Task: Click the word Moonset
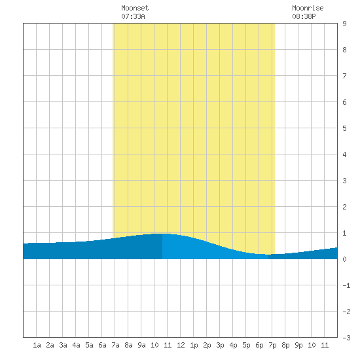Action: pyautogui.click(x=135, y=8)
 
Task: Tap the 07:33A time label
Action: pyautogui.click(x=133, y=16)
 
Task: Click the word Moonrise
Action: pyautogui.click(x=308, y=8)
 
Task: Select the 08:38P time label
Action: pyautogui.click(x=304, y=16)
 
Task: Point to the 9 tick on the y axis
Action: pyautogui.click(x=344, y=24)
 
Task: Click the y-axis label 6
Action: pyautogui.click(x=344, y=102)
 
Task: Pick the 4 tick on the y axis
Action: pyautogui.click(x=344, y=154)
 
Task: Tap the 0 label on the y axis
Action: pyautogui.click(x=344, y=259)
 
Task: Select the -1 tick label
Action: pyautogui.click(x=346, y=285)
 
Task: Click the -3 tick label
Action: pyautogui.click(x=346, y=338)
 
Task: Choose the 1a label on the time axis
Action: pyautogui.click(x=37, y=345)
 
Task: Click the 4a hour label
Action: pyautogui.click(x=76, y=345)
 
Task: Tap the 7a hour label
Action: pyautogui.click(x=115, y=345)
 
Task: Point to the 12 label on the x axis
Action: pyautogui.click(x=181, y=345)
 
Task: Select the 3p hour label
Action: pyautogui.click(x=220, y=345)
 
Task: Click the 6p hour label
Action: pyautogui.click(x=259, y=345)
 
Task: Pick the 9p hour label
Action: pyautogui.click(x=298, y=345)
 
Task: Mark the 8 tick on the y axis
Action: pyautogui.click(x=344, y=50)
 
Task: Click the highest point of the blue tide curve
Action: pyautogui.click(x=162, y=234)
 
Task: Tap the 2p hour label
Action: pyautogui.click(x=207, y=345)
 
